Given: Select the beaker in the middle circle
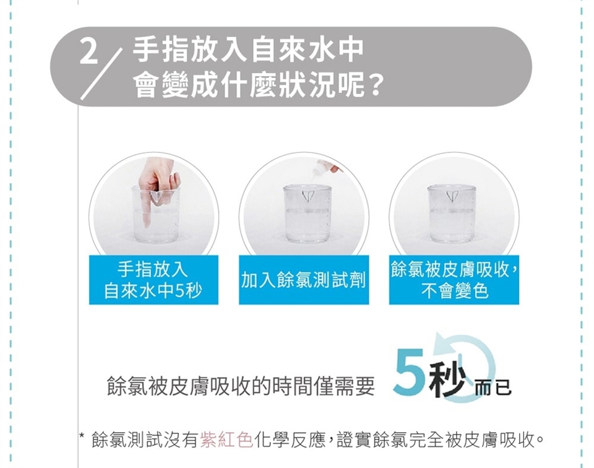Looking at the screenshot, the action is (x=308, y=214).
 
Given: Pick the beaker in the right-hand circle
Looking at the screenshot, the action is (x=451, y=214).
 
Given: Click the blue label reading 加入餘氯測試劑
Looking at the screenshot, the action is (x=304, y=280).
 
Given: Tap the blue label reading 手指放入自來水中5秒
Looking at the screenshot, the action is (x=153, y=280).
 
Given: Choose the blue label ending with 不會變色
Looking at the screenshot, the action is (x=454, y=280).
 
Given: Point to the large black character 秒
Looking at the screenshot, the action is (x=447, y=379).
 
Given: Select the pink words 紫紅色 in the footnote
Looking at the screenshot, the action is (x=226, y=440).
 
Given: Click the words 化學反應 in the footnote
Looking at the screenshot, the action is (x=290, y=440).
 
